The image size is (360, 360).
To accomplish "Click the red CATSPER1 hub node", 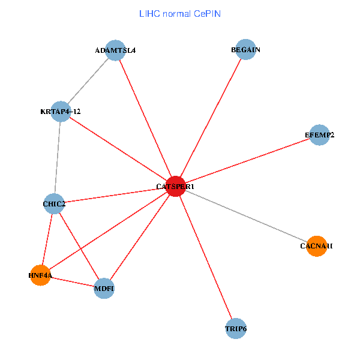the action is [x=175, y=187].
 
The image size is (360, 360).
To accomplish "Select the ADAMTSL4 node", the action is [x=115, y=50].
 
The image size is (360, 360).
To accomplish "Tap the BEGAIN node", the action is [x=246, y=50].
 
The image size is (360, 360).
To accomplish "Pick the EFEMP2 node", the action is [x=320, y=135].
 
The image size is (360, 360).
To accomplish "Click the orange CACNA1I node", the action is [x=316, y=246].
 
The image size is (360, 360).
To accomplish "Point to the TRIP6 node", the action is [x=236, y=329].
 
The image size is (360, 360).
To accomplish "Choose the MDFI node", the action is [x=104, y=289].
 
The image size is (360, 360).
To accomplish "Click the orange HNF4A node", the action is [x=40, y=275].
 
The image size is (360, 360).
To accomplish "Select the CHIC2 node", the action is [x=54, y=204].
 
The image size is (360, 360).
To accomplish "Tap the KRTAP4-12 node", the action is [x=61, y=111].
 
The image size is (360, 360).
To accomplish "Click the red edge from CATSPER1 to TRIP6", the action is [x=206, y=258].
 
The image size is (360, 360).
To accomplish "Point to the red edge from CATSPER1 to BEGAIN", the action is [x=211, y=118].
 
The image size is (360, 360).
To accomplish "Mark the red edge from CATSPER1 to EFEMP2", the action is [x=247, y=161].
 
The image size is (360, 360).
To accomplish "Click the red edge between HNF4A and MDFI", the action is [x=72, y=282].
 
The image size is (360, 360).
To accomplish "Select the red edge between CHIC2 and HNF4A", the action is [x=47, y=239].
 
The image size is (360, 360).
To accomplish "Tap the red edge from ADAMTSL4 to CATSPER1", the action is [x=145, y=119].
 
